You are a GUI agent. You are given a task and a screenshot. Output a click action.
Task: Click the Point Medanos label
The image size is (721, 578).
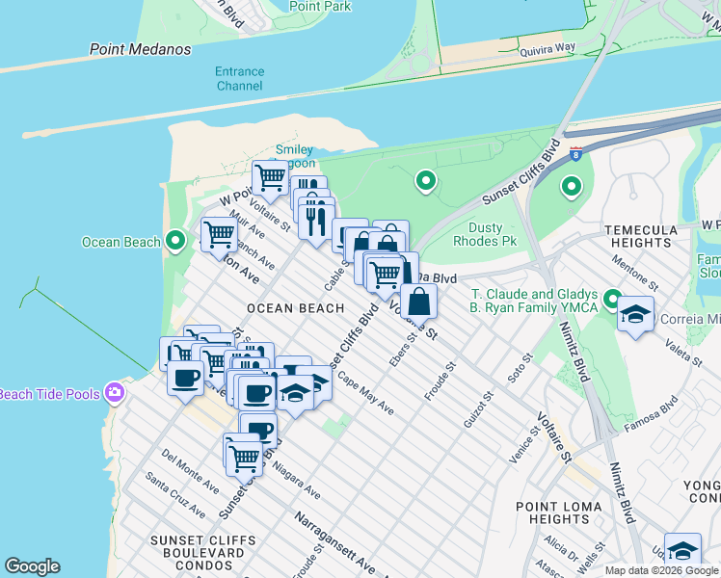(141, 49)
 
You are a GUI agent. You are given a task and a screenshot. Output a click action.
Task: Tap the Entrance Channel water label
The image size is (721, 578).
(239, 79)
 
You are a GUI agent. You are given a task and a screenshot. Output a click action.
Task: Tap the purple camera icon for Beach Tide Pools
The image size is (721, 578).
(115, 392)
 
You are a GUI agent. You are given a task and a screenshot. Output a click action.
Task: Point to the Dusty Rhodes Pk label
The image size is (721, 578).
(499, 234)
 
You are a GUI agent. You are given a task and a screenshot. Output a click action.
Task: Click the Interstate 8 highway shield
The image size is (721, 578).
(575, 152)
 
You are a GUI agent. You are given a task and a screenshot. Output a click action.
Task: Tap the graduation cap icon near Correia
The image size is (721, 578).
(636, 315)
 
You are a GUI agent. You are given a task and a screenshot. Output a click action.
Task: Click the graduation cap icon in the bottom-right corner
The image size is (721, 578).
(682, 551)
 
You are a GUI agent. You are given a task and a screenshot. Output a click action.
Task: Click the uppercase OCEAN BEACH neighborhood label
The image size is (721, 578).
(295, 308)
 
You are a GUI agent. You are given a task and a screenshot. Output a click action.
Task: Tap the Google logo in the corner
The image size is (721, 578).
(32, 566)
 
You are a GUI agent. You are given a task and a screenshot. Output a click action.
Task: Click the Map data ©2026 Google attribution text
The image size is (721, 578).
(661, 570)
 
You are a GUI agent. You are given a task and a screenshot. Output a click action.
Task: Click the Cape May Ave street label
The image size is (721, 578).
(367, 397)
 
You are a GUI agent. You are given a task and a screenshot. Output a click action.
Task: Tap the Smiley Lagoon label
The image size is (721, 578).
(294, 156)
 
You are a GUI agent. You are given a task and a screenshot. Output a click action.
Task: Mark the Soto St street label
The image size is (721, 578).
(521, 367)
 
